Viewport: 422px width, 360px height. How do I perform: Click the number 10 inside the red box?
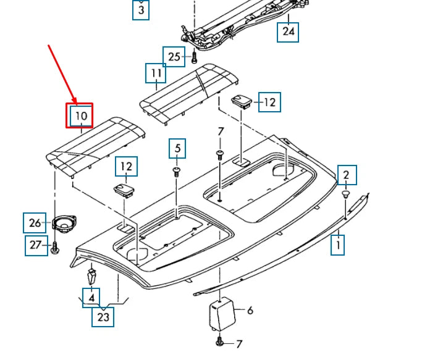click(82, 116)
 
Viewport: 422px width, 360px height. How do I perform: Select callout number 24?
click(288, 32)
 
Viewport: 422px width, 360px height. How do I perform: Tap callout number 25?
click(174, 57)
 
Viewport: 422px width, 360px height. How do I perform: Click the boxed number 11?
click(156, 73)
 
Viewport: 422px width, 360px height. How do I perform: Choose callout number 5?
click(177, 148)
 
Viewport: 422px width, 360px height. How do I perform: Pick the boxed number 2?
click(346, 175)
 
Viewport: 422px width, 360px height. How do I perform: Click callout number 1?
click(338, 245)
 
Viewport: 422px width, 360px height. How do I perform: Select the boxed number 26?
click(35, 223)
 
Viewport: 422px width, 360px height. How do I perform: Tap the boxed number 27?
click(36, 246)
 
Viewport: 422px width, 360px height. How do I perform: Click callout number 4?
click(91, 298)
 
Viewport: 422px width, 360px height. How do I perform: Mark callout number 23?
click(103, 317)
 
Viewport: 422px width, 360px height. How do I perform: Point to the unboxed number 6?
click(250, 311)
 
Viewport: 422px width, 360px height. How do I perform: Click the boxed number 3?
click(141, 10)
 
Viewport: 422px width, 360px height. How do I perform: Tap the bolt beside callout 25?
click(194, 58)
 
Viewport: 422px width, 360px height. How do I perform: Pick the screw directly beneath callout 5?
click(177, 172)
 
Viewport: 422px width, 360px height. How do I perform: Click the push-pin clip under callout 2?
click(345, 195)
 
